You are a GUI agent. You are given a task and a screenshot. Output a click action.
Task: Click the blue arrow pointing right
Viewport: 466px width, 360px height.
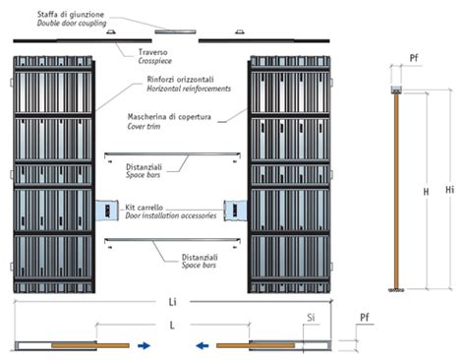click(x=145, y=346)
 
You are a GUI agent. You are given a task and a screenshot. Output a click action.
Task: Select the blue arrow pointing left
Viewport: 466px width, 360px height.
click(x=200, y=346)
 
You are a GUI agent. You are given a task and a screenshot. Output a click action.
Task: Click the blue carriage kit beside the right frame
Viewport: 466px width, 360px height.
click(x=237, y=210)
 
